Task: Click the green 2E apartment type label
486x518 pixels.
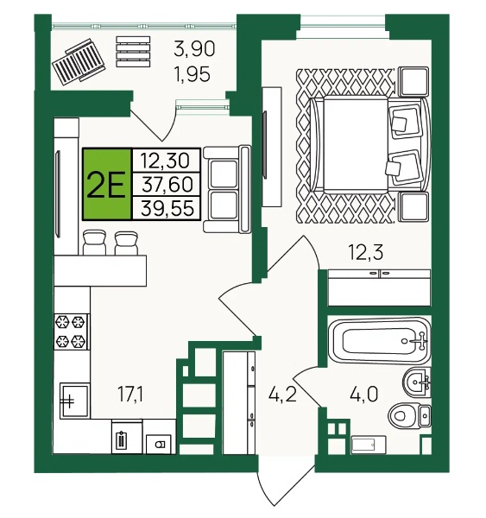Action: [x=106, y=185]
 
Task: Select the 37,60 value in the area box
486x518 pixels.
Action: [x=167, y=185]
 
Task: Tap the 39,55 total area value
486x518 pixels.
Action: [x=167, y=208]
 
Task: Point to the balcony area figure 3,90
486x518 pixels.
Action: [x=194, y=49]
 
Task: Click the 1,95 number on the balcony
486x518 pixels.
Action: [x=193, y=73]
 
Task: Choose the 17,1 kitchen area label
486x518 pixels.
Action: [x=130, y=395]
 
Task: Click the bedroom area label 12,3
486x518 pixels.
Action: [x=366, y=253]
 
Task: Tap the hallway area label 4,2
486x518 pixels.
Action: [x=282, y=395]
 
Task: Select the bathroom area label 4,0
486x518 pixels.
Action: [x=363, y=395]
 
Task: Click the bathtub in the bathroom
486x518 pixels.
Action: [x=381, y=341]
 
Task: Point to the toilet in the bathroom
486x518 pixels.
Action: [x=410, y=415]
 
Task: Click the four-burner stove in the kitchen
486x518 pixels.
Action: [x=71, y=332]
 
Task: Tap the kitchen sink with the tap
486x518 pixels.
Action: [x=74, y=401]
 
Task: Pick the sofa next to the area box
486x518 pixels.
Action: [x=227, y=190]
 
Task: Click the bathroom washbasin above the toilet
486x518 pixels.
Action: [x=417, y=382]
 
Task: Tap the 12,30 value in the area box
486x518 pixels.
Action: [x=165, y=161]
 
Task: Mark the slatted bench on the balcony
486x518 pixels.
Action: [x=133, y=52]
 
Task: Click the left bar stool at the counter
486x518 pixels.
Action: [x=94, y=243]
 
